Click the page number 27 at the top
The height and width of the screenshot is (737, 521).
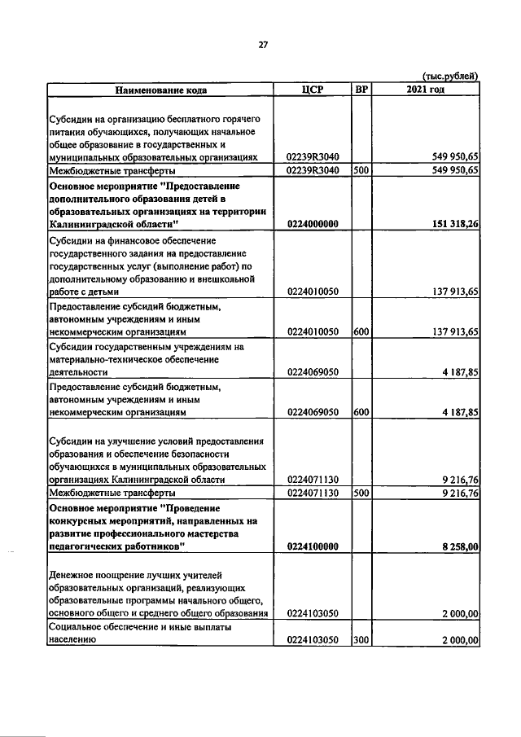click(263, 45)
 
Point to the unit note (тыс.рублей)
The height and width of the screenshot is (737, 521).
click(450, 76)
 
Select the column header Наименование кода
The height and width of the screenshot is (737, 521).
click(160, 89)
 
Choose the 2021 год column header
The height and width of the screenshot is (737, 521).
click(425, 89)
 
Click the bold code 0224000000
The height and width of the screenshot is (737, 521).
click(313, 224)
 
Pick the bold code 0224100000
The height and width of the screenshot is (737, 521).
click(313, 547)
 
